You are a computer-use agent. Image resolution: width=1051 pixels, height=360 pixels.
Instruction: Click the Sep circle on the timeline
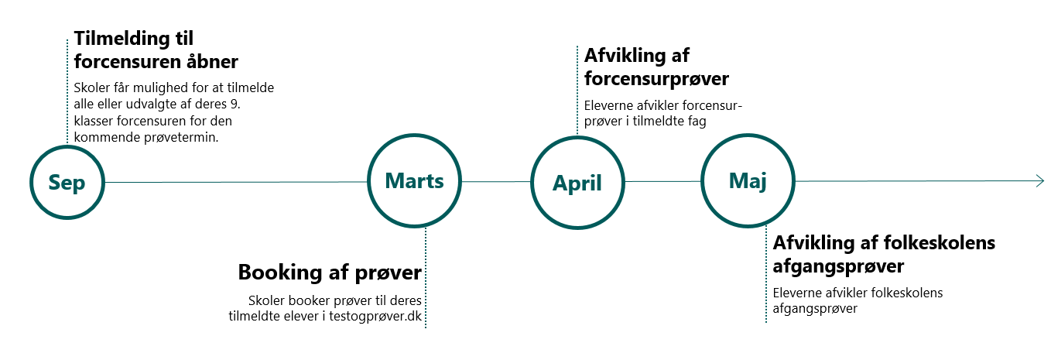(67, 182)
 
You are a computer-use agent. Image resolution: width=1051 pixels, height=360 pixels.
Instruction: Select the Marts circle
(414, 181)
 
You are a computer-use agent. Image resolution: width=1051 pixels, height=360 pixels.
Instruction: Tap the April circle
(577, 183)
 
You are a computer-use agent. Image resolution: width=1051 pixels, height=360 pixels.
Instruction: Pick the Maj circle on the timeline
(747, 181)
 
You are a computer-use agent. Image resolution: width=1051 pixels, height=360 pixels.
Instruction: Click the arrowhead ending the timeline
(1039, 181)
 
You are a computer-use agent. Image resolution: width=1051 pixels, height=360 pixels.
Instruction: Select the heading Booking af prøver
(330, 273)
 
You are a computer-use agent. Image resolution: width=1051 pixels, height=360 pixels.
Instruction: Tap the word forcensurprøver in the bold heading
(657, 79)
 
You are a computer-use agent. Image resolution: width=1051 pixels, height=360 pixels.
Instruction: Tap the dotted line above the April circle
(577, 89)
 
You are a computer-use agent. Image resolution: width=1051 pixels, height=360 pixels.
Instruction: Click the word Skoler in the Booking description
(265, 300)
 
